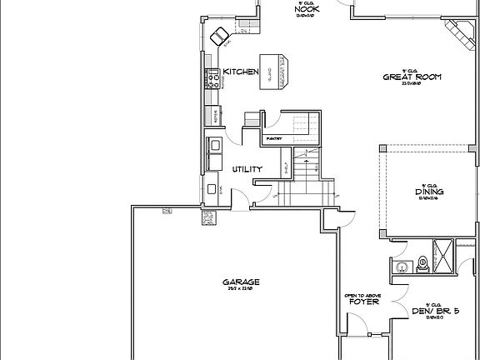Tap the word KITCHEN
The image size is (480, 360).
pyautogui.click(x=240, y=72)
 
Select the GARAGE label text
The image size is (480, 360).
pyautogui.click(x=241, y=282)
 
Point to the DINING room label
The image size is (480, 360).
pyautogui.click(x=428, y=192)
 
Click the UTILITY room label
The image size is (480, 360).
pyautogui.click(x=247, y=169)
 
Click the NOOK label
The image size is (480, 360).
pyautogui.click(x=306, y=8)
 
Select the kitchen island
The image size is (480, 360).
pyautogui.click(x=274, y=69)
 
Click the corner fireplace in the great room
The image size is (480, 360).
pyautogui.click(x=456, y=35)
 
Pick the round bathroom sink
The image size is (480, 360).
pyautogui.click(x=401, y=267)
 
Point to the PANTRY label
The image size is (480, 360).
pyautogui.click(x=273, y=138)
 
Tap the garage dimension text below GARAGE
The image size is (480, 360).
pyautogui.click(x=241, y=291)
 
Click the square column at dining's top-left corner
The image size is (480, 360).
pyautogui.click(x=382, y=147)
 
